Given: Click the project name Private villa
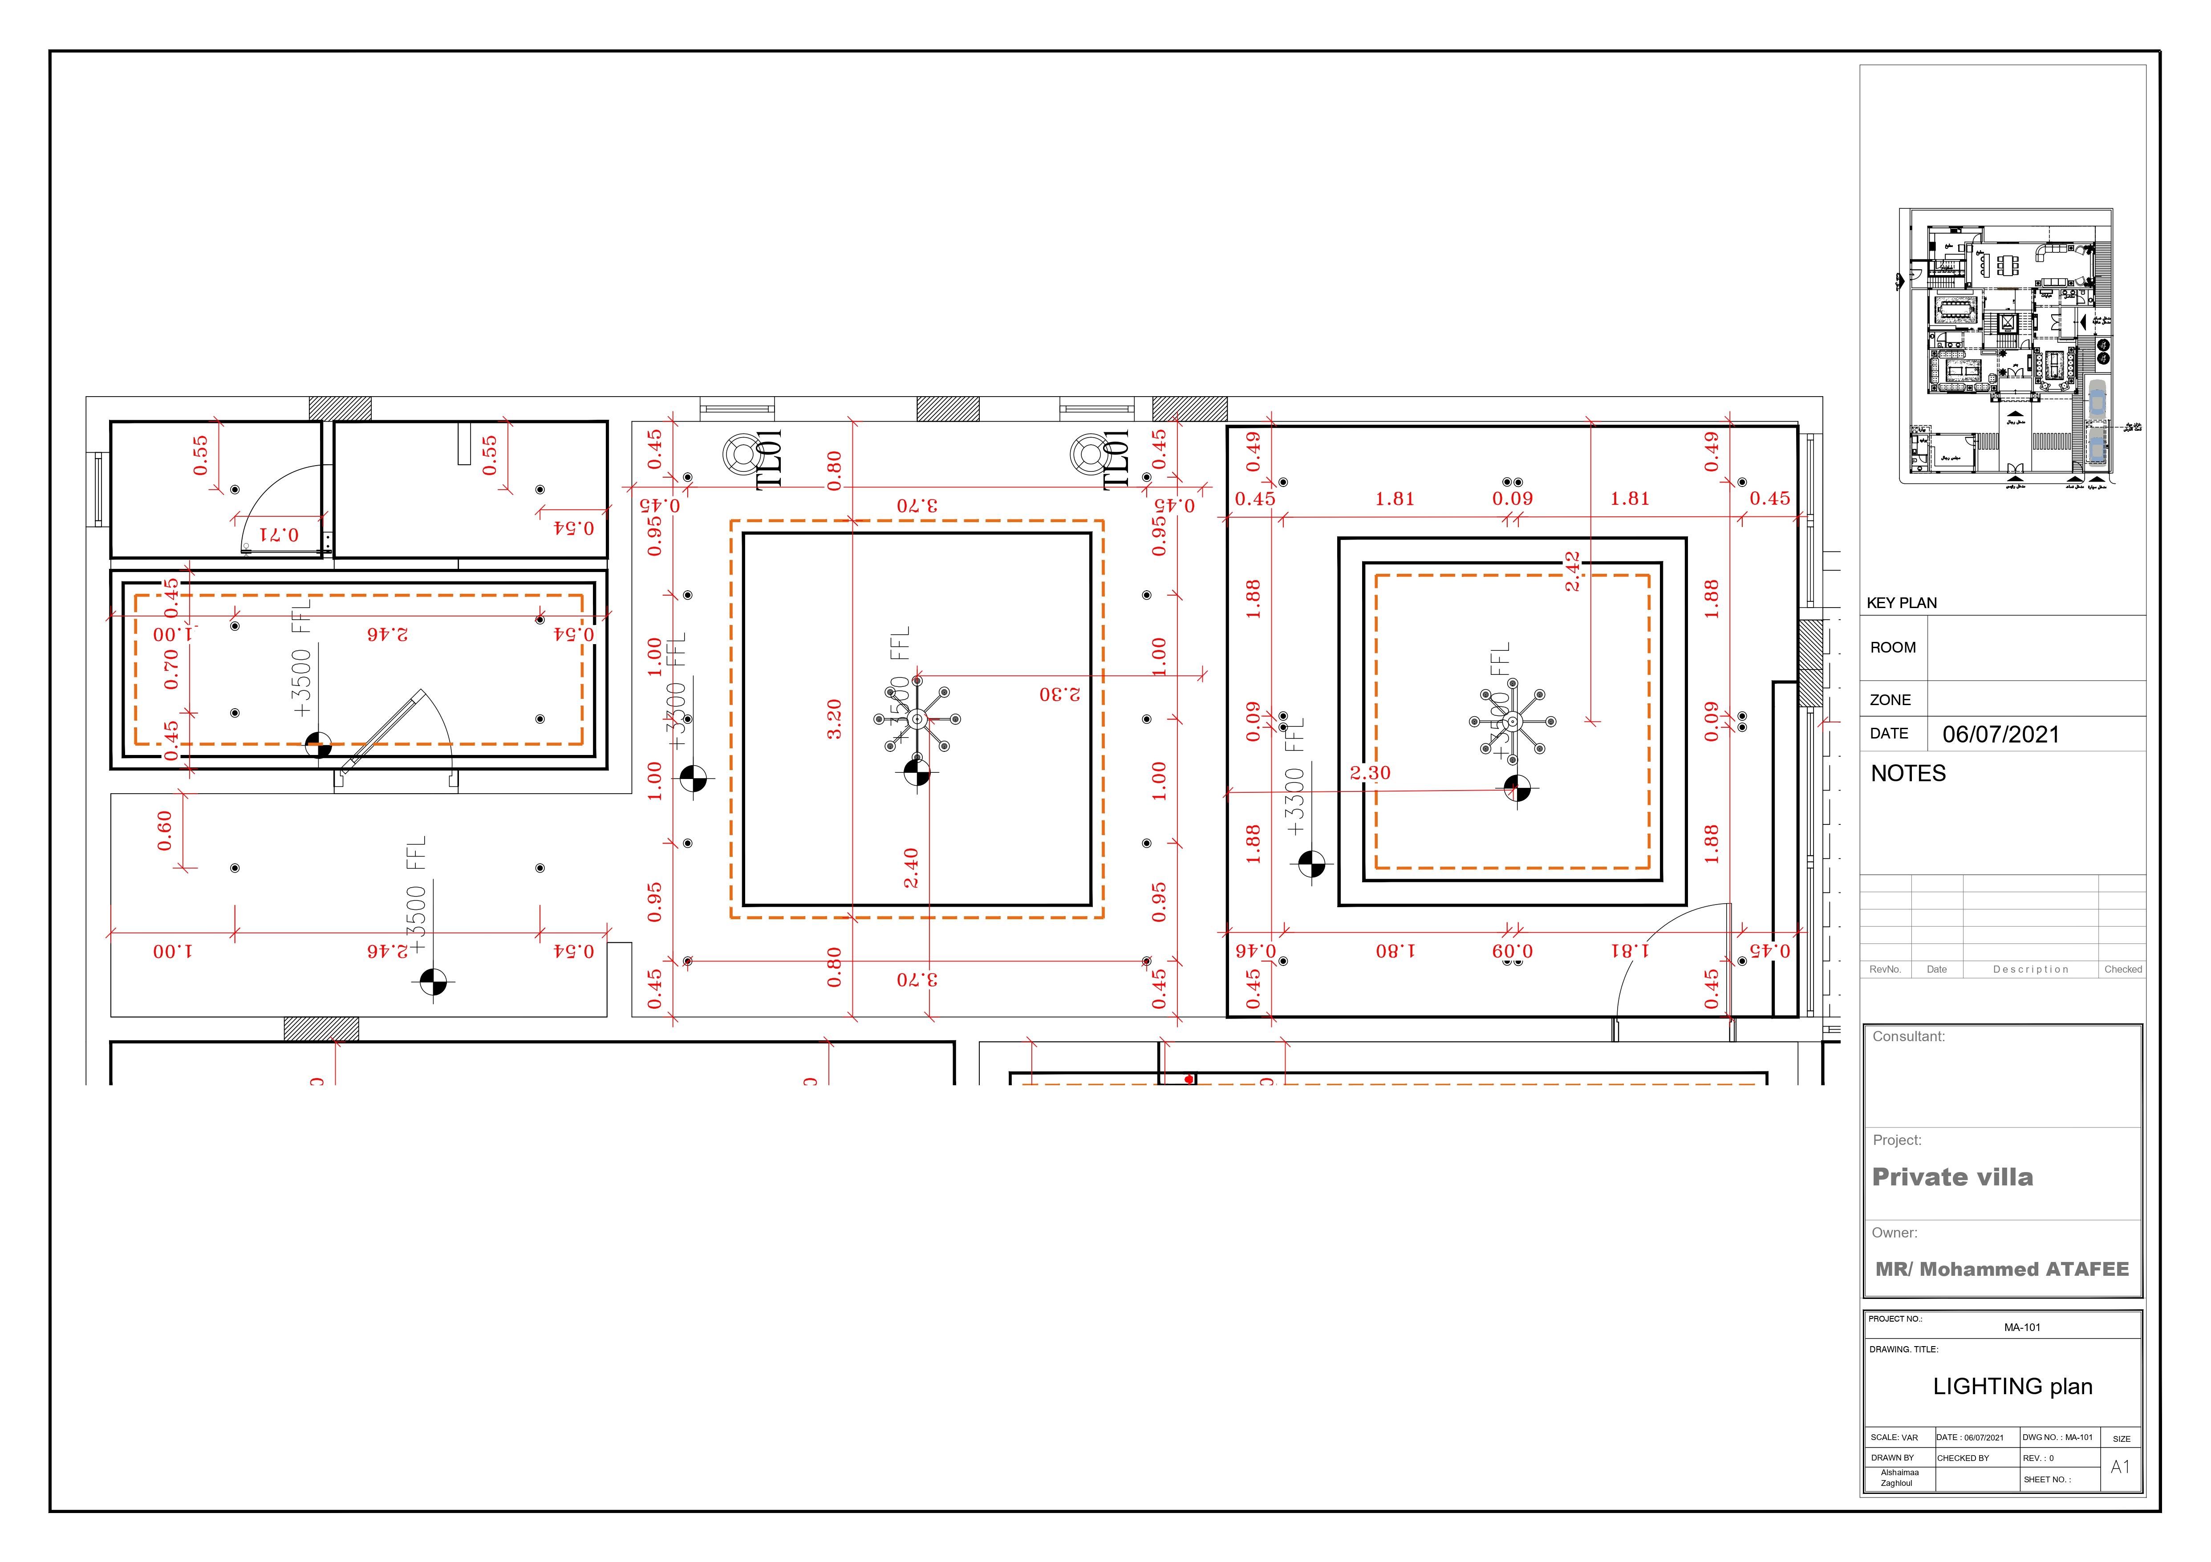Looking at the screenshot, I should pos(1952,1177).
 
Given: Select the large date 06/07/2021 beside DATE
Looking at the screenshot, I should pos(2000,735).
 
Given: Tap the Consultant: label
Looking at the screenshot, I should pos(1908,1036).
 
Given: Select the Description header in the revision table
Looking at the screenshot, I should pos(2030,970).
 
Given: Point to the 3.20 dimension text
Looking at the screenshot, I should pos(834,719).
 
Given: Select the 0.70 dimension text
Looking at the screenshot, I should pos(171,668).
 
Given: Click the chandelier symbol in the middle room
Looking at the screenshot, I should pos(917,718).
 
